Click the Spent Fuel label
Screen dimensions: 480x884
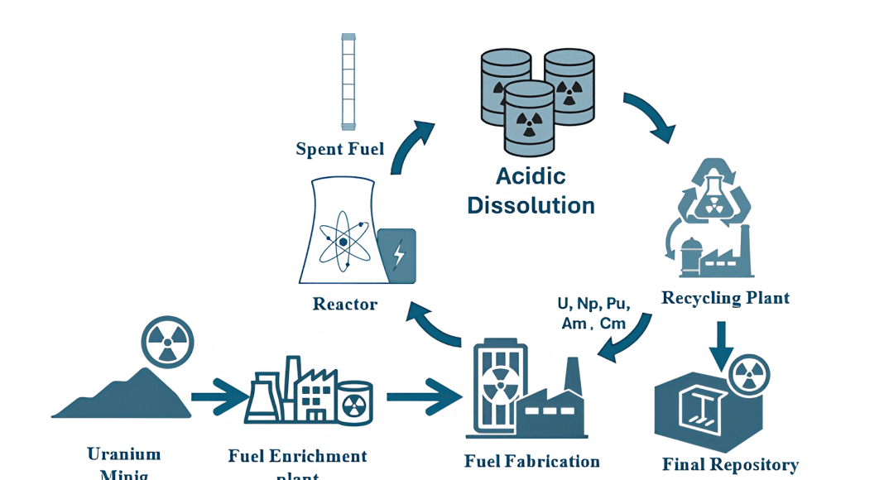point(340,149)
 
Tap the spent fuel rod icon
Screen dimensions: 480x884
point(348,81)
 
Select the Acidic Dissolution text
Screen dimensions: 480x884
point(531,190)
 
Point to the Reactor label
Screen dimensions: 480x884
point(345,304)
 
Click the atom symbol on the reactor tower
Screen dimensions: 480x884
point(342,240)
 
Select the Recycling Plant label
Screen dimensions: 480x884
point(725,298)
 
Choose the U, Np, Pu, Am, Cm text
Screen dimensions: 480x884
point(593,313)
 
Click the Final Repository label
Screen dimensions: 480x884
point(730,464)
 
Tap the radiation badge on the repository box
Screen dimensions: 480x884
point(748,374)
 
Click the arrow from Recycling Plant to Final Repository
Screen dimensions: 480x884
point(721,344)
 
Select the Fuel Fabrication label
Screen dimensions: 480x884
point(531,461)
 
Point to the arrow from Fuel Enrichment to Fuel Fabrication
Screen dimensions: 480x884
point(424,397)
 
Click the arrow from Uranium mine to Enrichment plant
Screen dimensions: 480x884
point(219,397)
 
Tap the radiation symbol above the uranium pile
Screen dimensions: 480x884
point(167,342)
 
